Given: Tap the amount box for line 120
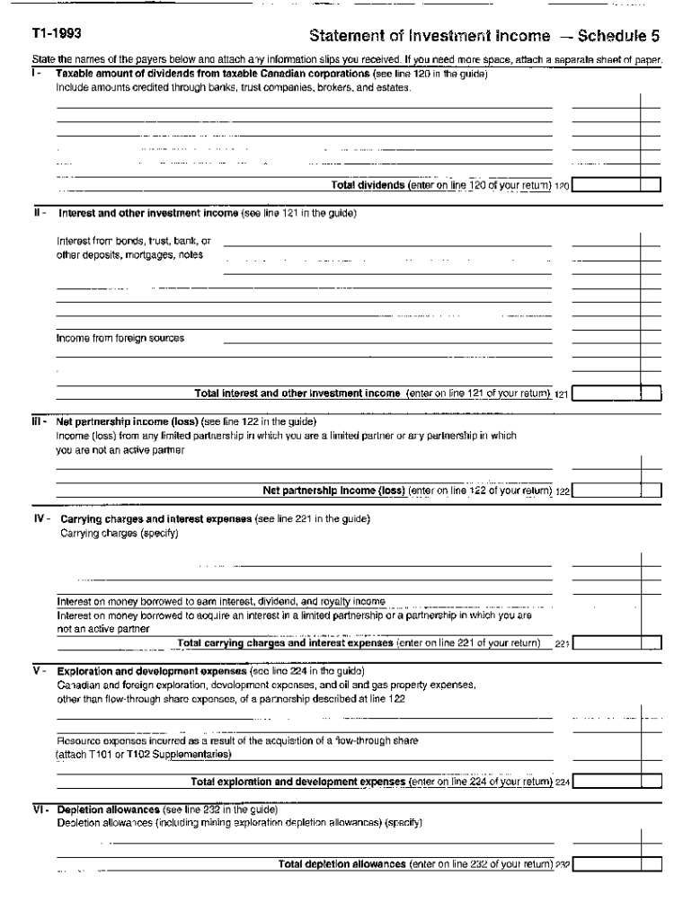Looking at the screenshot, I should (617, 186).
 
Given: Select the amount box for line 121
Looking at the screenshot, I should (617, 393).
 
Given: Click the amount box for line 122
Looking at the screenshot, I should (617, 491).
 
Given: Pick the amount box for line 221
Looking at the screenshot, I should (617, 643).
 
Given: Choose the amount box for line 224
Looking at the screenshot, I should (617, 781).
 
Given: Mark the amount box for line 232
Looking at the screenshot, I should (617, 864).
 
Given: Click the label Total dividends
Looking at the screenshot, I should (368, 186).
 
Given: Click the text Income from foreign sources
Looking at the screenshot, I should (120, 339).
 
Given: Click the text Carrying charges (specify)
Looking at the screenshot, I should (120, 534).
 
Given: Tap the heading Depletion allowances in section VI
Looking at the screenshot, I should (108, 809).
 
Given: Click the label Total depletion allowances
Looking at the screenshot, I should (342, 864).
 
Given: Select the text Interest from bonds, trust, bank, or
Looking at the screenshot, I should (133, 241).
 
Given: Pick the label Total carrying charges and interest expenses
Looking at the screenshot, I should (286, 643).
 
